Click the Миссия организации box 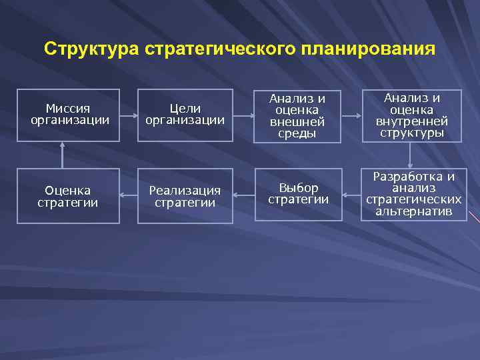[x=69, y=115]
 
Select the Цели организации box [x=185, y=115]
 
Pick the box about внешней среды [x=298, y=115]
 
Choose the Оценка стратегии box [x=68, y=196]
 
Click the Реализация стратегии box [x=185, y=196]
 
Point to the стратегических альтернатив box [x=413, y=194]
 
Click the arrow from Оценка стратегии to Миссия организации [x=62, y=155]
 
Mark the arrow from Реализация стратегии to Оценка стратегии [x=129, y=196]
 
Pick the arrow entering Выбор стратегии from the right [x=351, y=196]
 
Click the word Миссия [x=68, y=108]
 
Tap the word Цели [x=185, y=108]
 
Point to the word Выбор [x=299, y=187]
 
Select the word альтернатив [x=413, y=212]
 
